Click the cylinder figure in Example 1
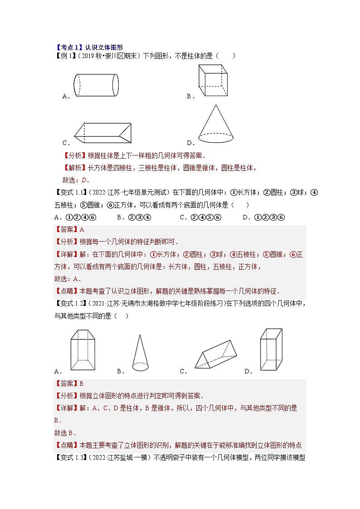click(96, 85)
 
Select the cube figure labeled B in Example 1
click(213, 80)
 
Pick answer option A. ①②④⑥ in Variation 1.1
click(75, 217)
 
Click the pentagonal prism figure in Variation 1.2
click(83, 350)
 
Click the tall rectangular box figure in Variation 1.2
click(271, 350)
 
